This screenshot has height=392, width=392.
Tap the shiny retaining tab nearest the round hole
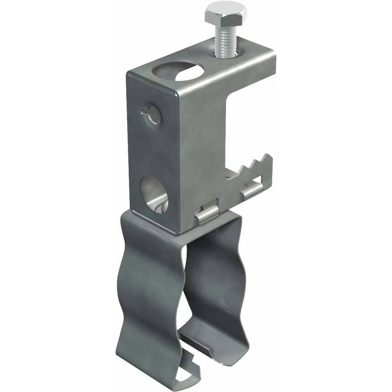click(207, 215)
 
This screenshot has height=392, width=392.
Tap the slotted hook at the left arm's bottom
click(187, 376)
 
